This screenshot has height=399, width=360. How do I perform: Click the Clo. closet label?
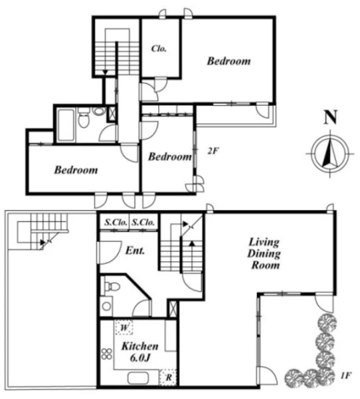[159, 49]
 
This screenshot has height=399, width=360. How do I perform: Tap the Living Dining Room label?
[264, 253]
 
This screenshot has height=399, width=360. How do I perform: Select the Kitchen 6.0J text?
[140, 352]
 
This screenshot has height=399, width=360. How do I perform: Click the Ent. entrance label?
[135, 251]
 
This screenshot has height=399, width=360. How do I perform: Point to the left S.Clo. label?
[116, 222]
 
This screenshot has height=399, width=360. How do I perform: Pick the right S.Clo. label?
[143, 222]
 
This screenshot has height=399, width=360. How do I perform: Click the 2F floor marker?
[213, 151]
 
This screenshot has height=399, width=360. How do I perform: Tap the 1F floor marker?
[345, 375]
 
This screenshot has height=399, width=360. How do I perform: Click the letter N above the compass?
[331, 117]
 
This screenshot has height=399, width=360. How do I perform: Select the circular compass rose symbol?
[330, 154]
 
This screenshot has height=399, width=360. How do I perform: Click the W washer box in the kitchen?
[124, 327]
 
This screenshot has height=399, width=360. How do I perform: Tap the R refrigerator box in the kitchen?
[168, 377]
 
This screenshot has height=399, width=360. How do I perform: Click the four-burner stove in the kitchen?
[107, 354]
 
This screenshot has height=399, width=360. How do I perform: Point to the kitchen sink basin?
[137, 378]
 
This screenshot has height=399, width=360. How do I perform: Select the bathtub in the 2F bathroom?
[66, 124]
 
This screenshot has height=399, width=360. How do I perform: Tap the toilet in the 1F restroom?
[112, 286]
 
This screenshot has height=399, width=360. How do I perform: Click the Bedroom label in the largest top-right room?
[228, 61]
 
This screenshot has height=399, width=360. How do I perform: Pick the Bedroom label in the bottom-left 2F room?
[76, 170]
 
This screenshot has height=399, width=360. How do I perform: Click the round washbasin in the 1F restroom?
[106, 306]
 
